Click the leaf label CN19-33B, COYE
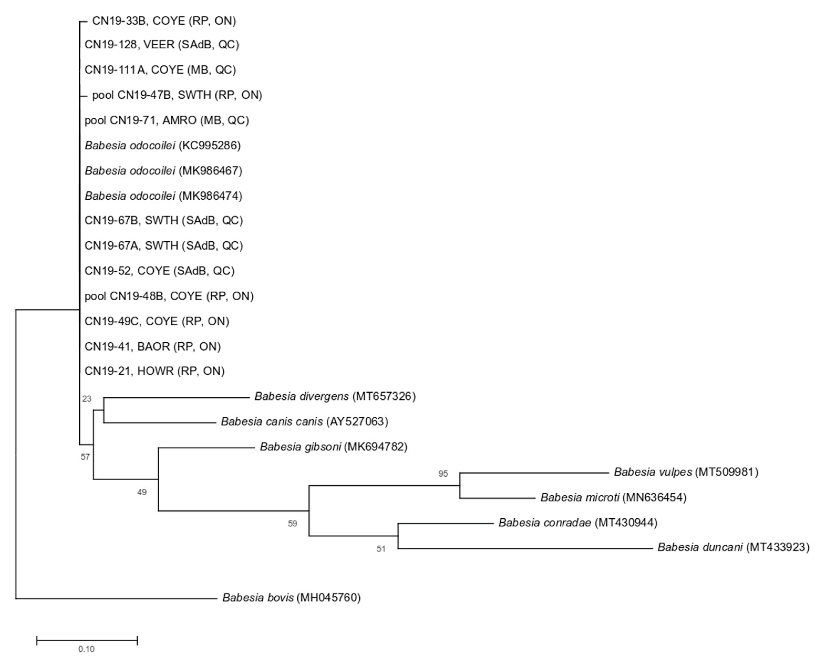(164, 21)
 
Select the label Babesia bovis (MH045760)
(291, 598)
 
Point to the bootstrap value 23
(87, 399)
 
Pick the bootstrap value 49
(142, 492)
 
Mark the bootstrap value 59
(293, 524)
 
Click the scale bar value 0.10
(86, 649)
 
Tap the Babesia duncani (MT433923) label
(733, 547)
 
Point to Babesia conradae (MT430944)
(578, 523)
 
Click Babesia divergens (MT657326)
(335, 396)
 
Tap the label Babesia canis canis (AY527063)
(304, 422)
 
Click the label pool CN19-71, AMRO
(167, 120)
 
